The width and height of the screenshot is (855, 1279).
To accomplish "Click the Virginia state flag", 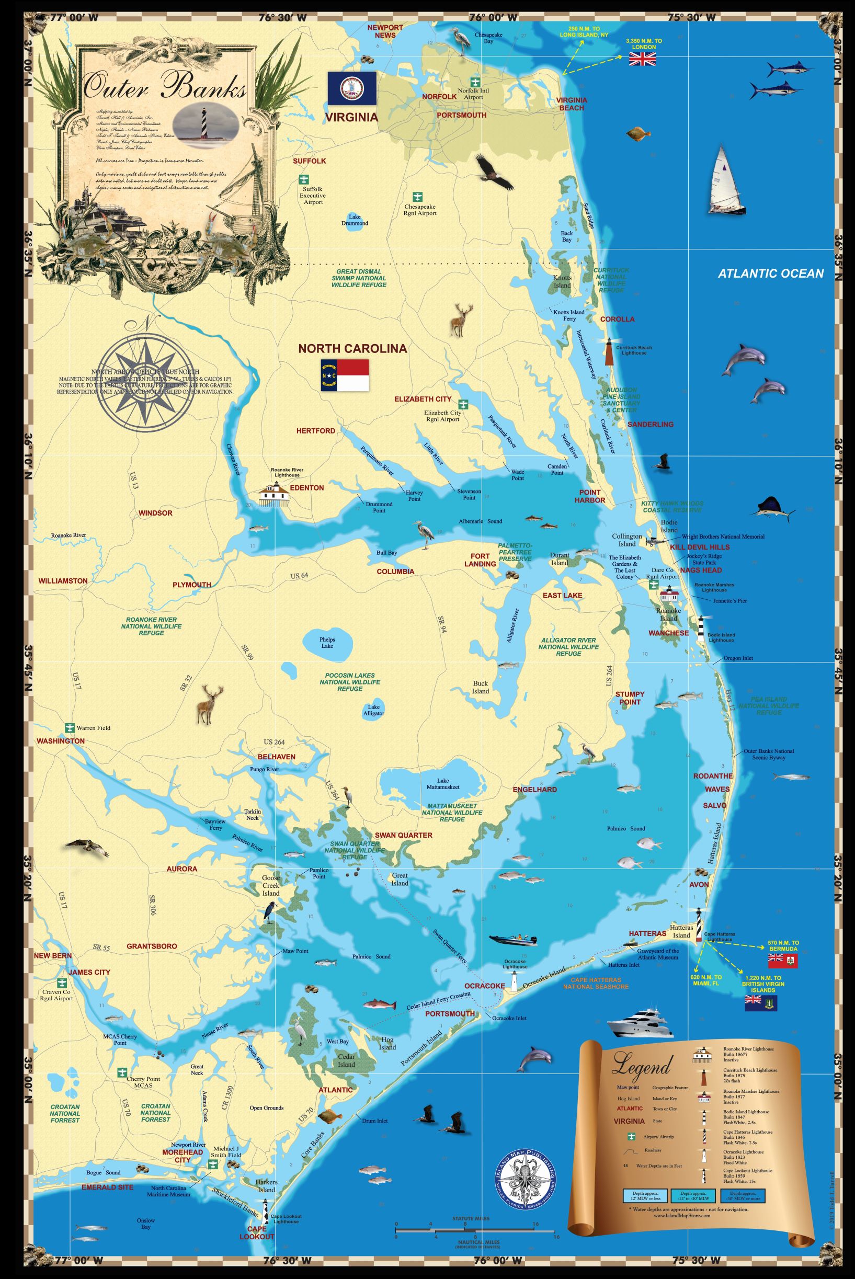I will click(352, 88).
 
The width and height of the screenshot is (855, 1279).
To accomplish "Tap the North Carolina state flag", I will click(345, 374).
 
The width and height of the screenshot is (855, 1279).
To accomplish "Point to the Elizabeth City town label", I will click(423, 399).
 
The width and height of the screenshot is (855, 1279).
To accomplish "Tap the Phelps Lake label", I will click(327, 642).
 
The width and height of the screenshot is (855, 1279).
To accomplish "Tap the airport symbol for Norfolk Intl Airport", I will click(475, 81).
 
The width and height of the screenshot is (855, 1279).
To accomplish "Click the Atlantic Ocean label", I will click(770, 273).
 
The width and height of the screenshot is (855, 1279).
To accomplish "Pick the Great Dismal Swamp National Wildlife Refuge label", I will click(359, 278).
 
